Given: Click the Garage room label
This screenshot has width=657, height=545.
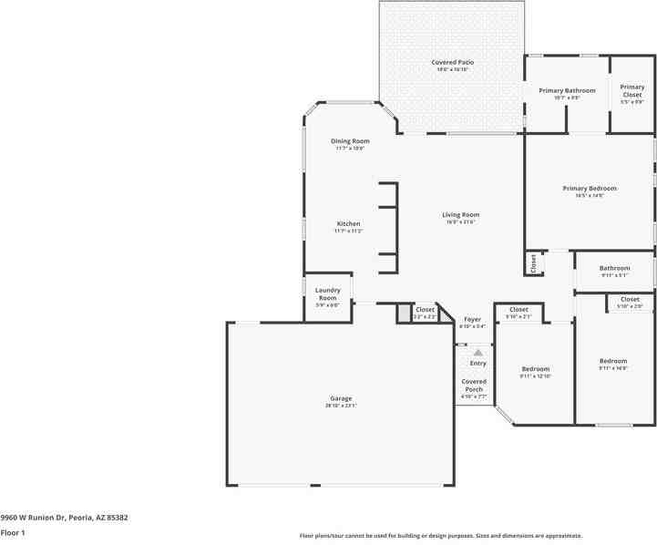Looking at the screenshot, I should [x=341, y=398].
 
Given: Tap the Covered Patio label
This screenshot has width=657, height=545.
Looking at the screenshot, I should [x=452, y=62].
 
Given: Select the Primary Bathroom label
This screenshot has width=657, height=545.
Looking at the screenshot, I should [x=567, y=90].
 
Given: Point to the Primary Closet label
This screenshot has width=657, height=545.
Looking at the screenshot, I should [x=632, y=90].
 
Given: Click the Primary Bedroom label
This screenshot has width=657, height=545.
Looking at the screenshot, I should [x=590, y=188].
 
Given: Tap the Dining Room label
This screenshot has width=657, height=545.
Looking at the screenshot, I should [x=350, y=140].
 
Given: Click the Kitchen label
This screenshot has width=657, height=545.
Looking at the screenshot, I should [x=348, y=223].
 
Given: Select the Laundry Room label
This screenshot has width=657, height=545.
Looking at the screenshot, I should [x=328, y=294].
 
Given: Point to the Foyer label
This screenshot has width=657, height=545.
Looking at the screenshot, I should [x=472, y=319].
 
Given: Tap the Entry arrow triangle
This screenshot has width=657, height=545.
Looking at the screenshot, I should [x=477, y=352].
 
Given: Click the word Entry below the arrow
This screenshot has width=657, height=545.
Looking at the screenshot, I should [x=477, y=363].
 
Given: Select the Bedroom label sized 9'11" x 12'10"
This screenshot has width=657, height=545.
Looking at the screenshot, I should [x=536, y=369].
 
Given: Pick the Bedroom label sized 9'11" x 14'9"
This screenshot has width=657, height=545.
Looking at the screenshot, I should [x=613, y=361].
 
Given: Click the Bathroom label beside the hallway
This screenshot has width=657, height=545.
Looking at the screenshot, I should [x=614, y=268].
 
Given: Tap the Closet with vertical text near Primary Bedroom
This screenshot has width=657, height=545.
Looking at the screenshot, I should [x=533, y=263].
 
